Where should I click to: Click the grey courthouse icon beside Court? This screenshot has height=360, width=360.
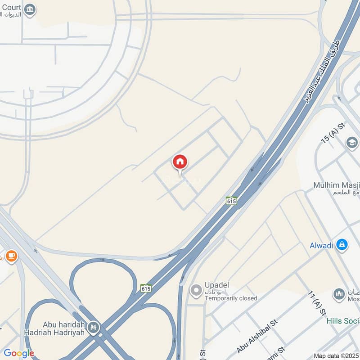(x=30, y=9)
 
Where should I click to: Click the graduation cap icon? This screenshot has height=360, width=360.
(x=352, y=143)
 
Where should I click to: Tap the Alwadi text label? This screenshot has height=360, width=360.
(x=321, y=245)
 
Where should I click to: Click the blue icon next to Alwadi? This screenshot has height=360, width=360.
(x=342, y=245)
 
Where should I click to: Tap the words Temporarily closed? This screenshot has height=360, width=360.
(x=230, y=298)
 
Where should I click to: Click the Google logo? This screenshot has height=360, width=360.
(x=19, y=353)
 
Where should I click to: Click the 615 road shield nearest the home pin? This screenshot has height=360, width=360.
(x=231, y=200)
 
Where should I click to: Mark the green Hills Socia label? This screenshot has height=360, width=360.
(x=343, y=320)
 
